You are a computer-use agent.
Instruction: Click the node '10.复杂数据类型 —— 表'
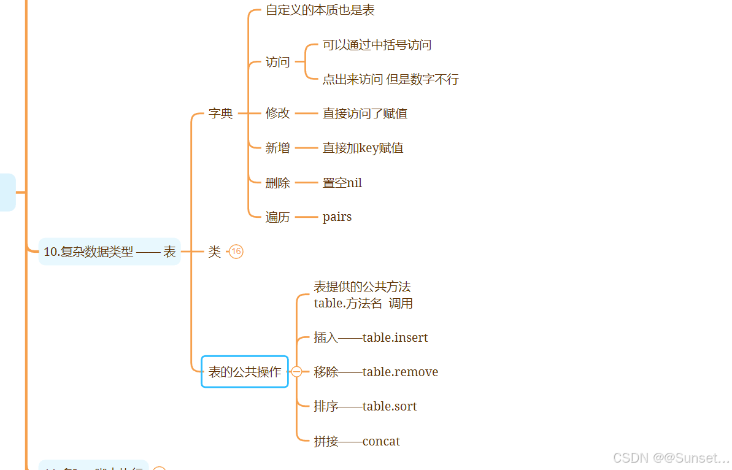(109, 252)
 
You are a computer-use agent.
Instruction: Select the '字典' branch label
(220, 114)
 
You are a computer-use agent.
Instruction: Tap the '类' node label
(214, 252)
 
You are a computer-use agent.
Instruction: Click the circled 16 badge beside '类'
(236, 252)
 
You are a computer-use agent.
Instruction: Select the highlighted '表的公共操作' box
(245, 372)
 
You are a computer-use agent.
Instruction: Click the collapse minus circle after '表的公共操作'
(296, 372)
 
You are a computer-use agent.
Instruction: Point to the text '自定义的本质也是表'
(320, 10)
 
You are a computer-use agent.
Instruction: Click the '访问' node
(277, 62)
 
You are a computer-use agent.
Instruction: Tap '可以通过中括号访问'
(377, 45)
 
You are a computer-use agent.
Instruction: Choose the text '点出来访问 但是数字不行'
(390, 79)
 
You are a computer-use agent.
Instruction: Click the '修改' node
(277, 114)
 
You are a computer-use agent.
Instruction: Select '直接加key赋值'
(363, 148)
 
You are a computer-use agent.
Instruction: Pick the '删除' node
(277, 183)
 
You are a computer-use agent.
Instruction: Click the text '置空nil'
(342, 183)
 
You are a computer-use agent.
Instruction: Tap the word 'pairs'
(337, 217)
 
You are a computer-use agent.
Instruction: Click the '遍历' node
(277, 217)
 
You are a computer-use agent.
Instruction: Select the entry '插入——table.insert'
(371, 337)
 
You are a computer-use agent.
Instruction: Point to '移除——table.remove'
(376, 372)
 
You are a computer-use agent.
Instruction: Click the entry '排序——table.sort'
(365, 406)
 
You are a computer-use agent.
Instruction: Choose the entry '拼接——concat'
(356, 441)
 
